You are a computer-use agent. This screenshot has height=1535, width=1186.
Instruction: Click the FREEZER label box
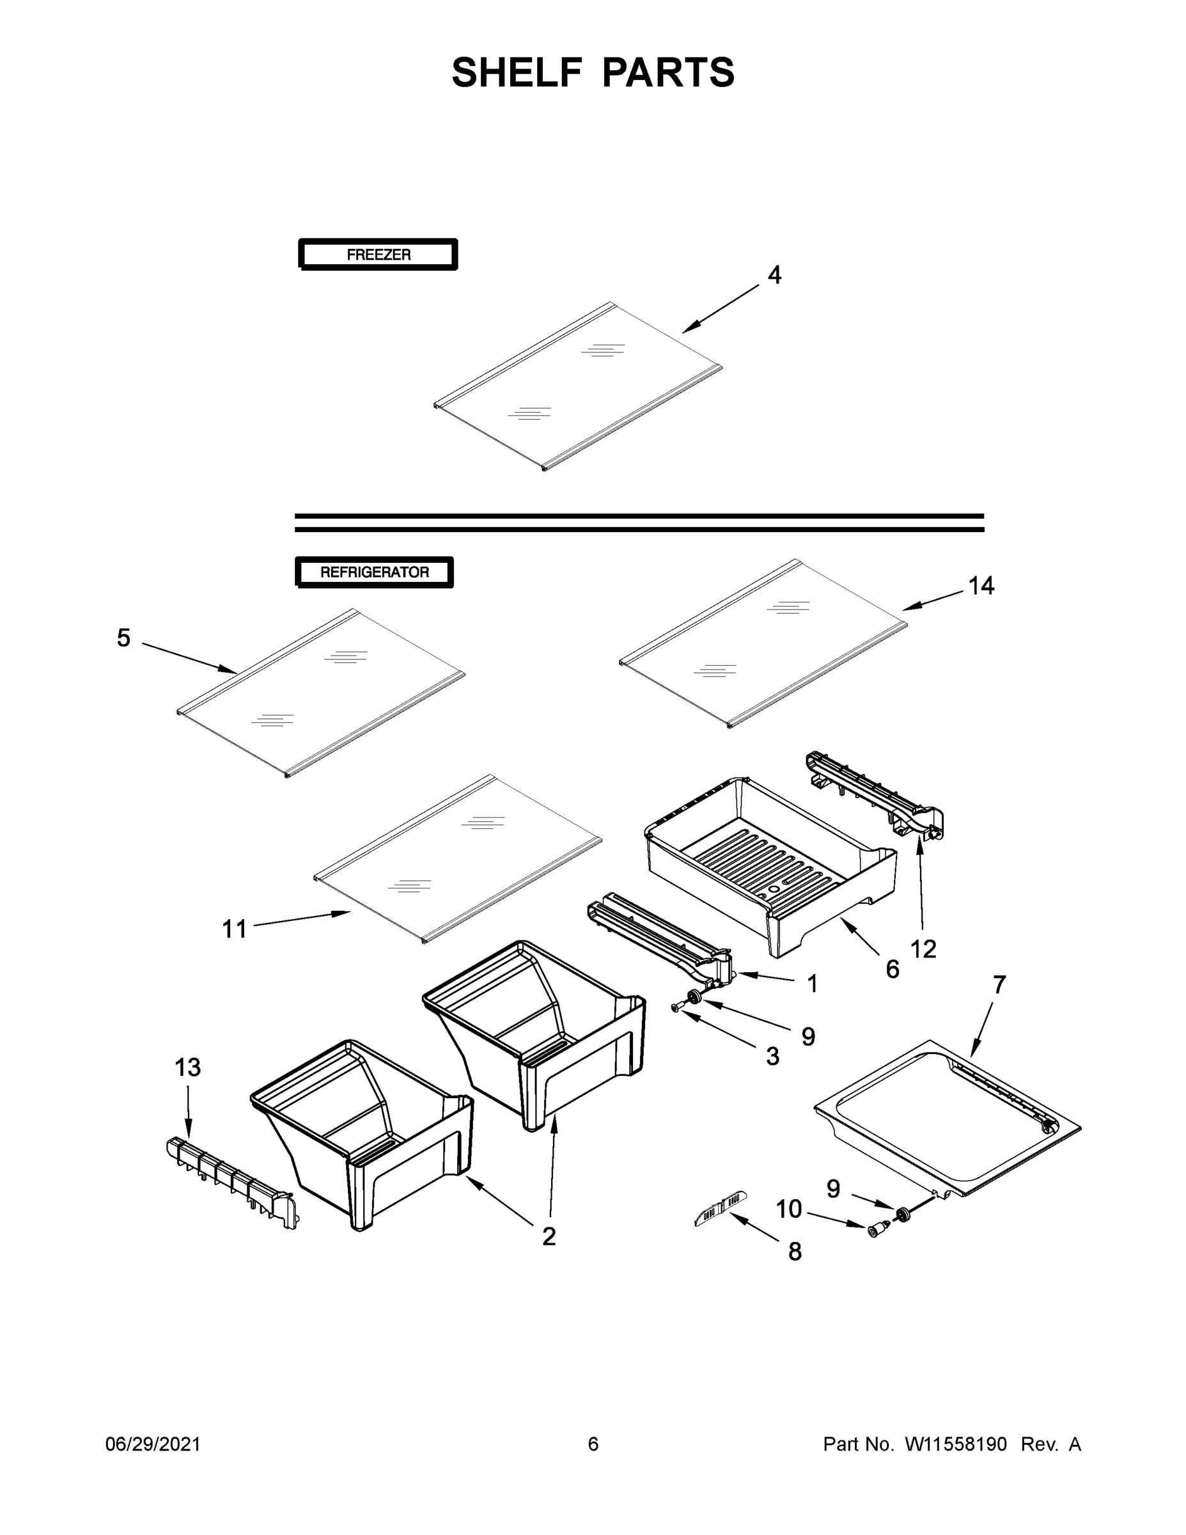click(378, 255)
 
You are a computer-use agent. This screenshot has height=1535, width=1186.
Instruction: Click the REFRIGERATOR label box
click(374, 572)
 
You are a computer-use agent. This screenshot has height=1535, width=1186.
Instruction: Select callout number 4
click(774, 275)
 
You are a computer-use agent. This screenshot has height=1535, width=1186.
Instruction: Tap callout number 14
click(981, 585)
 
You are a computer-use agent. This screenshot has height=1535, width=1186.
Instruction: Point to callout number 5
click(123, 638)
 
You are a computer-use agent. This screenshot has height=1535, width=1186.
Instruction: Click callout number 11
click(235, 929)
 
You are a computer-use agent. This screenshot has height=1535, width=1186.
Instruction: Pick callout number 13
click(187, 1067)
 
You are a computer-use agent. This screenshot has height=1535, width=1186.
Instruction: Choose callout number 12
click(923, 950)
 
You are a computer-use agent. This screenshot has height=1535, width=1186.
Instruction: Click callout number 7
click(999, 985)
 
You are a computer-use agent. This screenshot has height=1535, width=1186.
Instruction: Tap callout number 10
click(788, 1209)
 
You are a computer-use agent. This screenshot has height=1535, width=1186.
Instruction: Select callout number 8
click(795, 1252)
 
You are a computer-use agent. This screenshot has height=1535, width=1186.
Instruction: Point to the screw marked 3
click(676, 1008)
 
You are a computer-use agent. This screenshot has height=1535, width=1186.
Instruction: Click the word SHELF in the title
click(517, 72)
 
